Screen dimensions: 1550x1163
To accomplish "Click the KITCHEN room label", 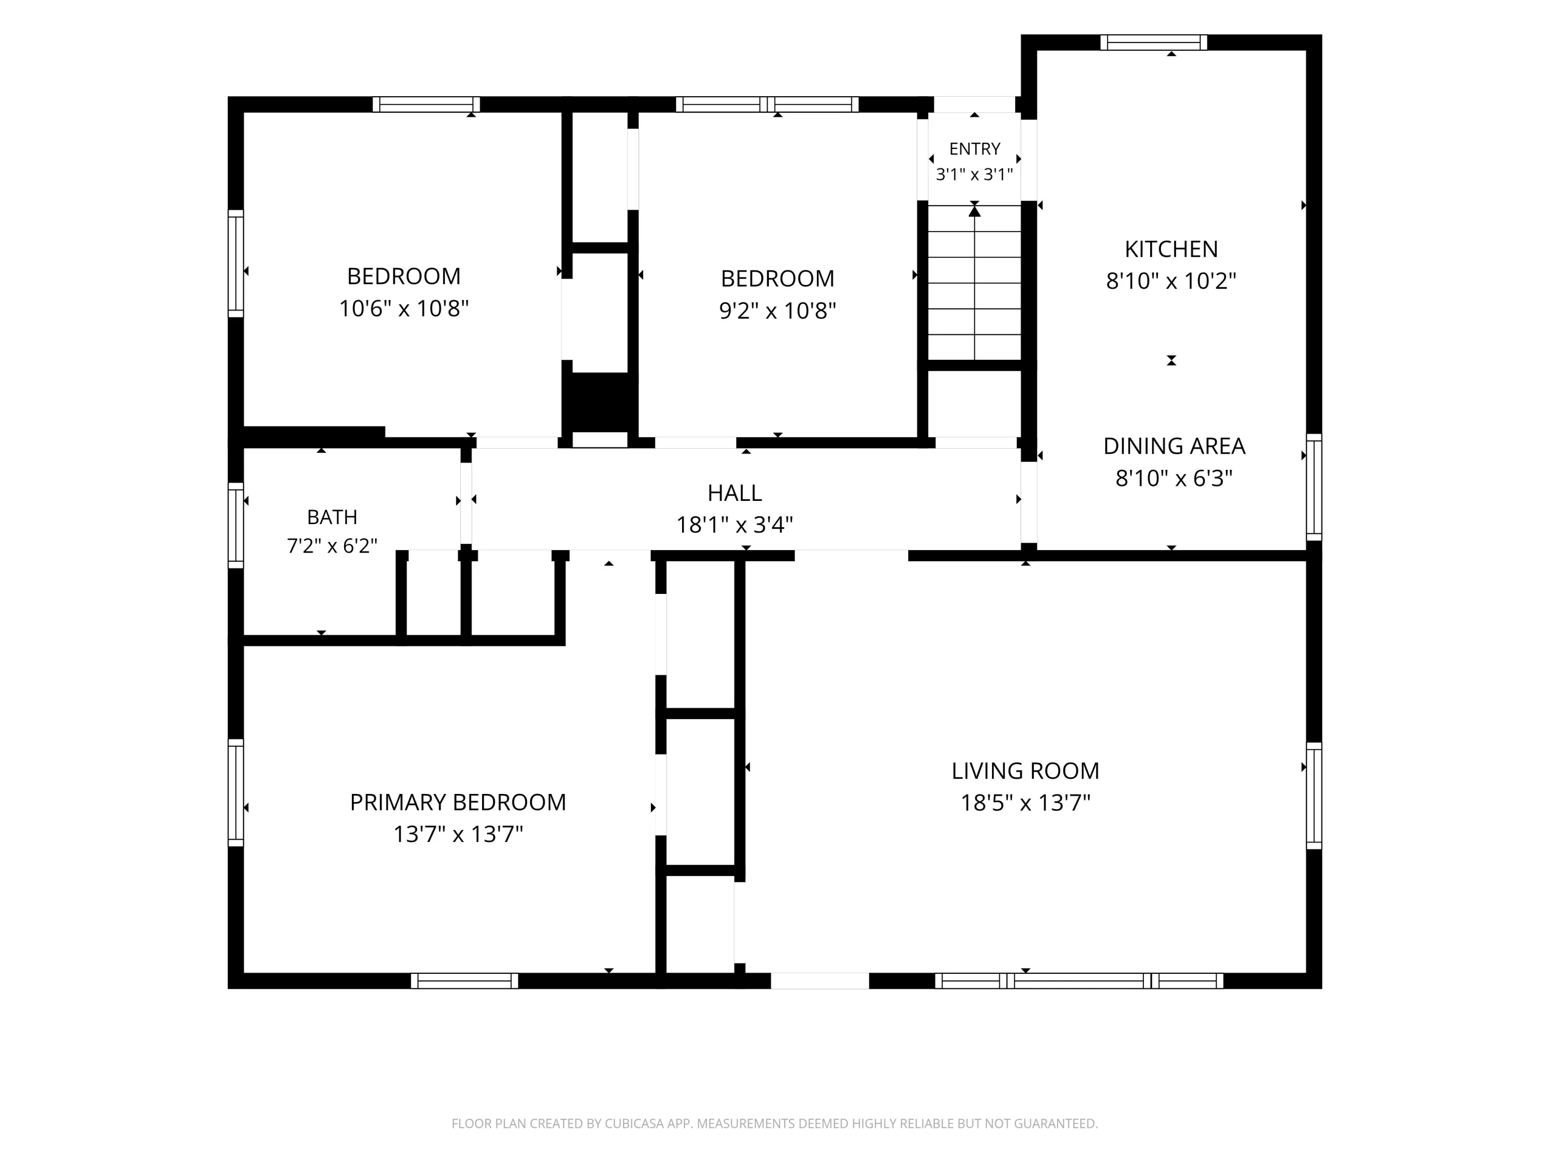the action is [1171, 249].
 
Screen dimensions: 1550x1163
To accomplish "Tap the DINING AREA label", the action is [1174, 446].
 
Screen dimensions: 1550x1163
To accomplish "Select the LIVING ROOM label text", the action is [1025, 771].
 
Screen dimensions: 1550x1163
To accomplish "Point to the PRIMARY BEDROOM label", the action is [458, 802].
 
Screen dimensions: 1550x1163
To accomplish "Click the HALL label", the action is [734, 493].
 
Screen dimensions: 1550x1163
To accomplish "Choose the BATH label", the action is [332, 517].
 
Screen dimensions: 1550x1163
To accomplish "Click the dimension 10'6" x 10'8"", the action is [404, 309].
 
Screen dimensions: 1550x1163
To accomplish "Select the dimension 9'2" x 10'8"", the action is [778, 311].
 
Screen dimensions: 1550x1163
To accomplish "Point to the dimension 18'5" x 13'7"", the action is [1025, 803].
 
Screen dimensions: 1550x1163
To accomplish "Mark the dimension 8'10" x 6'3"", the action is [1174, 478].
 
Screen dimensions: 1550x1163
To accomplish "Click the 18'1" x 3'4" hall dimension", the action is [734, 524].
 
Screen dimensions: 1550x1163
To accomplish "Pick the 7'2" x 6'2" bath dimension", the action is [332, 545].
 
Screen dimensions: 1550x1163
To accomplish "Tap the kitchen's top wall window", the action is [1153, 42].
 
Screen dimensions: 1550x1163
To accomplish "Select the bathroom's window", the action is [236, 525].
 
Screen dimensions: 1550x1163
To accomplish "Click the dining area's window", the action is [1314, 486].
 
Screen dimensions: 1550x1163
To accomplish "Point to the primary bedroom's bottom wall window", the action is [464, 981].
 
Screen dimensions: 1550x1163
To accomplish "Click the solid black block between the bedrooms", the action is [600, 402].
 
